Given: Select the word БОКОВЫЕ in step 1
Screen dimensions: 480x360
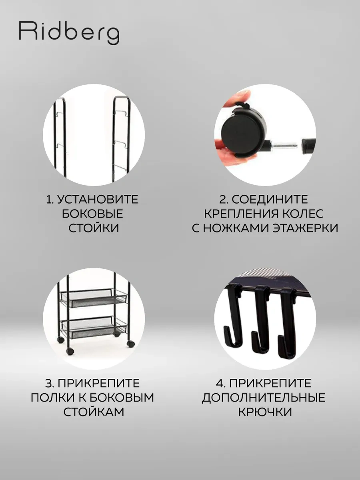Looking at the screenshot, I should (x=93, y=214).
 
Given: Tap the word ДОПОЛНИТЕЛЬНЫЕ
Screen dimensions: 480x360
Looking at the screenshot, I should (x=264, y=398).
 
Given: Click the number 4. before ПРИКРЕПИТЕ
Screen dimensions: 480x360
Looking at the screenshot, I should (x=221, y=383).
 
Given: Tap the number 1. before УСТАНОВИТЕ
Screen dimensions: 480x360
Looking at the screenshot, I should (x=50, y=199).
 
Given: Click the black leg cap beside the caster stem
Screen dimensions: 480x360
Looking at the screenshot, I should (x=309, y=144).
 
